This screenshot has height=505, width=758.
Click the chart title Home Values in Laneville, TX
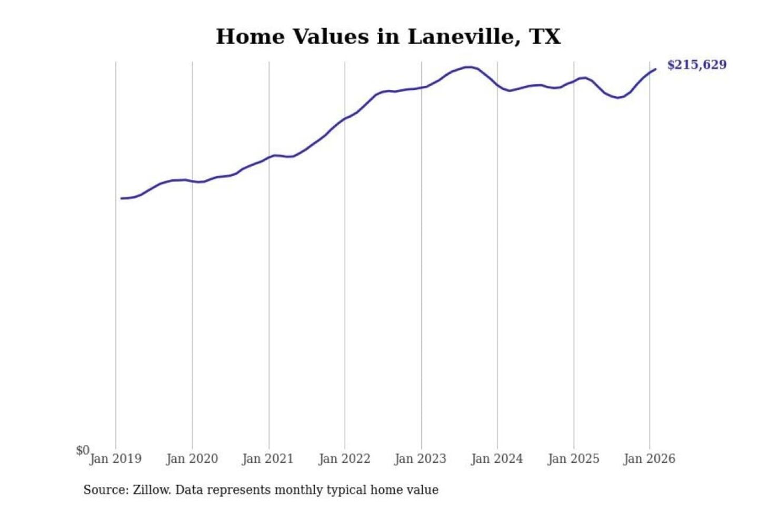click(x=388, y=37)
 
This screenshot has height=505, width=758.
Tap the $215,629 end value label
click(x=696, y=65)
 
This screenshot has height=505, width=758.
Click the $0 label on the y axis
click(x=83, y=450)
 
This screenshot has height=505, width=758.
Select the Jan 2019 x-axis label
click(x=115, y=459)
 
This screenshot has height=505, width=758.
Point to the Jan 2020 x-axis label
click(x=192, y=459)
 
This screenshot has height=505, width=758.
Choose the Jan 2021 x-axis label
click(x=267, y=459)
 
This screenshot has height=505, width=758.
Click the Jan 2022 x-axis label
click(x=344, y=459)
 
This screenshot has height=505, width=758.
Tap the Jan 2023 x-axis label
click(x=420, y=459)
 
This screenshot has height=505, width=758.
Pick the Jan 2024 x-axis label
click(x=496, y=459)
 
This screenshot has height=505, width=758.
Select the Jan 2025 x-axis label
click(x=573, y=459)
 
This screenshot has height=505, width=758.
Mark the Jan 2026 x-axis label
click(x=649, y=459)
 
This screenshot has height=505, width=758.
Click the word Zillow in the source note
click(x=151, y=490)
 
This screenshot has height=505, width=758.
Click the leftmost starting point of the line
click(x=122, y=198)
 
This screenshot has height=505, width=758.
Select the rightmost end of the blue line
click(x=655, y=69)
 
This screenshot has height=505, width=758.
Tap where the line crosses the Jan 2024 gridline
click(x=497, y=85)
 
